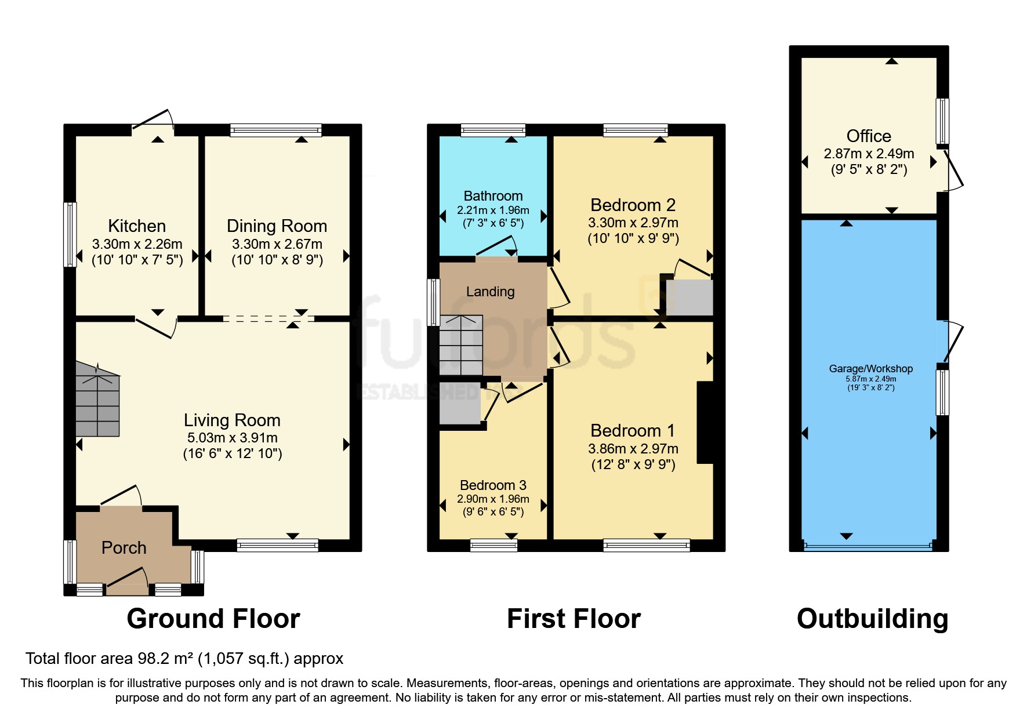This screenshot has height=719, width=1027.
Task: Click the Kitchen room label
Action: [137, 226]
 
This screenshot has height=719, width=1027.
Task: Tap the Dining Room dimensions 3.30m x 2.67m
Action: [277, 244]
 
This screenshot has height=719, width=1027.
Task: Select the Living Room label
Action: [232, 420]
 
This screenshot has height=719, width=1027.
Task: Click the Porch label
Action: [124, 547]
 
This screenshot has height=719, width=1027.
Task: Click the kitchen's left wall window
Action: [70, 234]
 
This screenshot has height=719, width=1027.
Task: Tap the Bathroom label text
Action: [493, 196]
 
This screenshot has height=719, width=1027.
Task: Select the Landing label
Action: [490, 292]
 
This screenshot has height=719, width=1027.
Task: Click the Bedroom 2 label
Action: [633, 205]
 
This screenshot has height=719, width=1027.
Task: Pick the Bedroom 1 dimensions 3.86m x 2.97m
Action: [633, 449]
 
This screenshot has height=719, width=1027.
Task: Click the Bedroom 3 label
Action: [493, 485]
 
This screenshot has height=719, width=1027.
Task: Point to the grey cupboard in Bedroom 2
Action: [689, 297]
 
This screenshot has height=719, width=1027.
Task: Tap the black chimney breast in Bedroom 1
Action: [704, 422]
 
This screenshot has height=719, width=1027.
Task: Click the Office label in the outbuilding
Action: [868, 136]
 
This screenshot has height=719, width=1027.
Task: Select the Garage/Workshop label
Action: [870, 369]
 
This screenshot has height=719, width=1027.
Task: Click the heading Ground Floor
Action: [213, 619]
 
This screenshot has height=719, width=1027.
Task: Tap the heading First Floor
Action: [574, 619]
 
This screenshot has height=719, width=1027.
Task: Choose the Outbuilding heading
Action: [872, 619]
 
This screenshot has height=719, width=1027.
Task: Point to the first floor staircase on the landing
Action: [461, 346]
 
